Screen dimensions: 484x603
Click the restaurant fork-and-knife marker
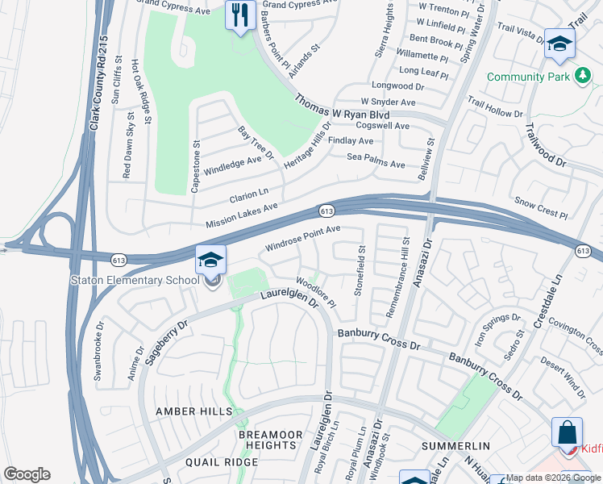[240, 15]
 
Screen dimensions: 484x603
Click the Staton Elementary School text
[135, 280]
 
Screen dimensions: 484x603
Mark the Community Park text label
[528, 77]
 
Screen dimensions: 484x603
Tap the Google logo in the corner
[27, 474]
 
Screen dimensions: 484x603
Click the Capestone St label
[195, 167]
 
